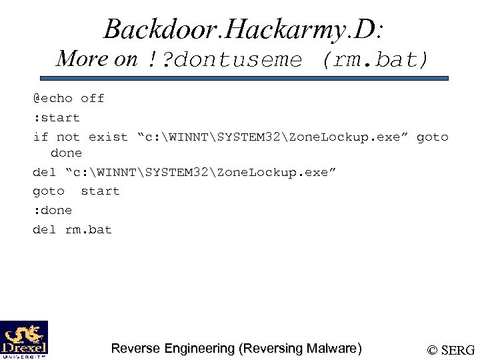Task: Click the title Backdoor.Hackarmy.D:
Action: point(243,29)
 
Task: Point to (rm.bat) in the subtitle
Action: point(374,60)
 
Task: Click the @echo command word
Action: point(53,99)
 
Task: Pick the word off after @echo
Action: point(93,99)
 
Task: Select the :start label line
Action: point(57,118)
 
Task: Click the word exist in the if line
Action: point(108,137)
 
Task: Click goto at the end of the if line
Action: point(432,137)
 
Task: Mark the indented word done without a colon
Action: point(66,153)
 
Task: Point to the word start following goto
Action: point(100,191)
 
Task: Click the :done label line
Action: point(53,211)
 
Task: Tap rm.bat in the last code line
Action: point(89,230)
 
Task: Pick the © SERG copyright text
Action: point(451,349)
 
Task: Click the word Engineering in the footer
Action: point(198,348)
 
